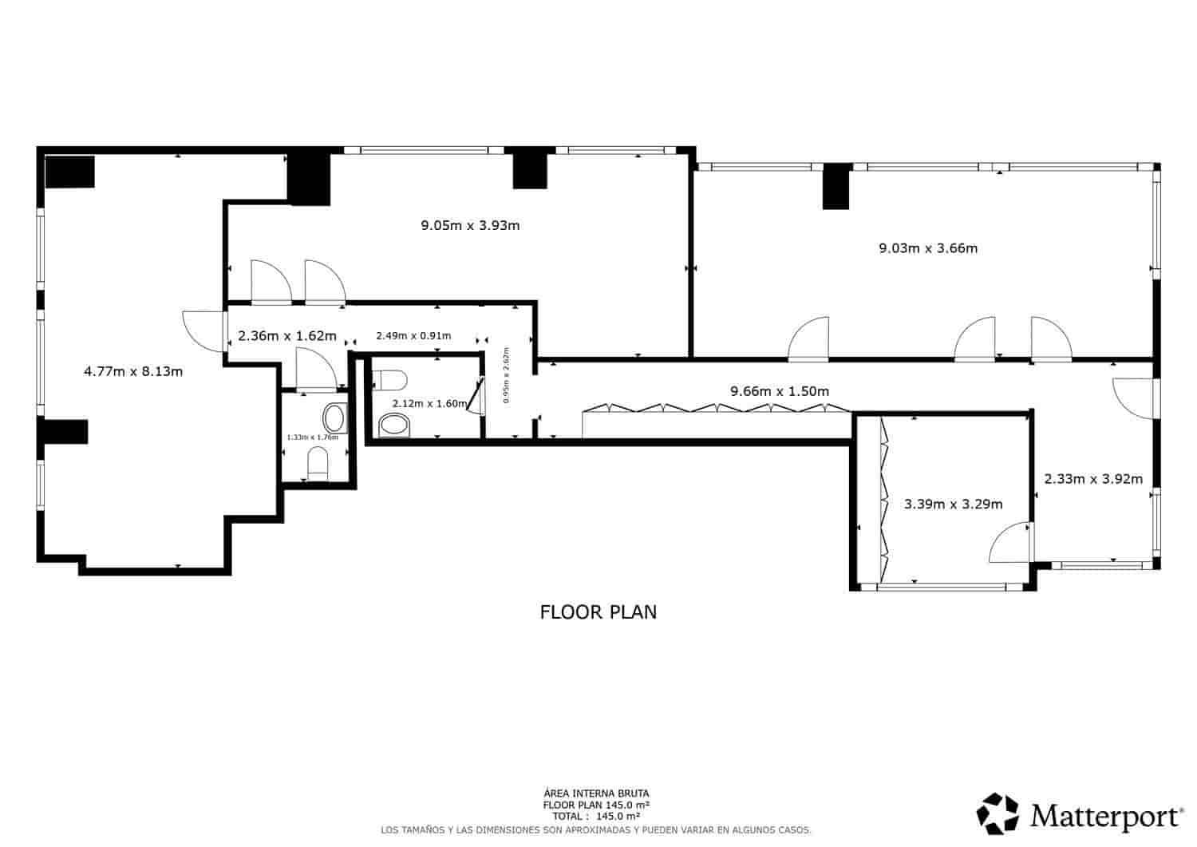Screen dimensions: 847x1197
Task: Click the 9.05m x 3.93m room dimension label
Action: (470, 225)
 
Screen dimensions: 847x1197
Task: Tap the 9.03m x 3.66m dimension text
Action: (928, 248)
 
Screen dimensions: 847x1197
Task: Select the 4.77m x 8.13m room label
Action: (133, 371)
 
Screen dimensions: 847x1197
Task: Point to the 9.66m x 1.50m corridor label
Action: (780, 391)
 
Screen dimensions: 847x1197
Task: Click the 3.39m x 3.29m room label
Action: (953, 504)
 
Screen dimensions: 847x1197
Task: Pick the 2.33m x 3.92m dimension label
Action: (1093, 479)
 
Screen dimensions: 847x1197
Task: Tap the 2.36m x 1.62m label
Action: (286, 336)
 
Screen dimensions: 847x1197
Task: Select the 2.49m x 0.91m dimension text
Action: (413, 335)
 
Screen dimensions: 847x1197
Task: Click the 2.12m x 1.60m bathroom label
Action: (429, 403)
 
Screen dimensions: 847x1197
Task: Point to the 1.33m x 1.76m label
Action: (312, 437)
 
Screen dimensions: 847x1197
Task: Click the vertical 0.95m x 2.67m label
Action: (507, 375)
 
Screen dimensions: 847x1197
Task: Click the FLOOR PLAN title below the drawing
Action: (598, 612)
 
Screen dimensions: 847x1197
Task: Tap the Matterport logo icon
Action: (998, 813)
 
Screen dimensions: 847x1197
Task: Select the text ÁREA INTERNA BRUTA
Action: (596, 793)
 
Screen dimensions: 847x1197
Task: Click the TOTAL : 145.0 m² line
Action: (596, 817)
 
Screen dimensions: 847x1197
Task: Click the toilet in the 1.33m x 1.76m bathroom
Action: (318, 464)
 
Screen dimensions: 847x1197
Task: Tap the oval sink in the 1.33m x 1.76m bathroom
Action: (334, 418)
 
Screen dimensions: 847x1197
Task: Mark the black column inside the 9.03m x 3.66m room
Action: (836, 186)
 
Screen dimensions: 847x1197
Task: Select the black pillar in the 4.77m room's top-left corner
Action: (69, 172)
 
